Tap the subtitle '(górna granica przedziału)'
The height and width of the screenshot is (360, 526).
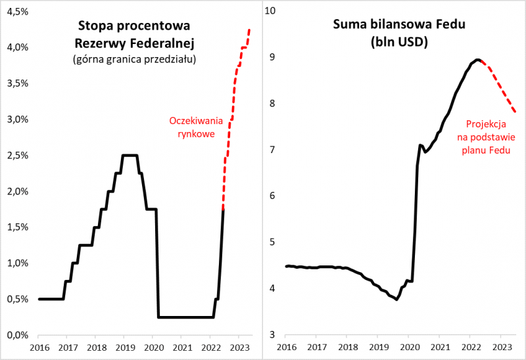(x=134, y=59)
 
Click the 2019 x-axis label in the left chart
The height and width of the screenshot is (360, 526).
(x=125, y=348)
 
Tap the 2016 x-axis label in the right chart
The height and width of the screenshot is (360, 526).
(x=285, y=348)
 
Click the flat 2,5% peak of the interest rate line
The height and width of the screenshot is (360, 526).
(x=130, y=155)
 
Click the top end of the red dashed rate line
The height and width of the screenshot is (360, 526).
(x=249, y=30)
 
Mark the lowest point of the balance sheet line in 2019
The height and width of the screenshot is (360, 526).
(x=396, y=300)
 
